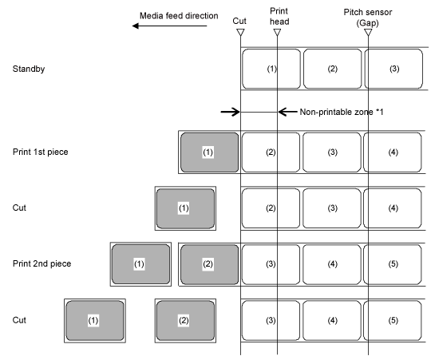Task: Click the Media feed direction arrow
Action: (169, 26)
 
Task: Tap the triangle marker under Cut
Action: (240, 33)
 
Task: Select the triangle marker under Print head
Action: (277, 33)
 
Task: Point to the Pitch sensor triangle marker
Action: (368, 33)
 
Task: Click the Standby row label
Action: (29, 69)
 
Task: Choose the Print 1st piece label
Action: (41, 152)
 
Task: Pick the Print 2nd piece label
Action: (42, 264)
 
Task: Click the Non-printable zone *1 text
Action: (342, 112)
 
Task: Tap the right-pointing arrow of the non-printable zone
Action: (231, 112)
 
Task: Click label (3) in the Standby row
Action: (393, 69)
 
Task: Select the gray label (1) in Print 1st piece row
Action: (209, 152)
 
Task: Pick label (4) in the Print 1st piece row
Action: (393, 152)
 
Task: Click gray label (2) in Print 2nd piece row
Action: (209, 264)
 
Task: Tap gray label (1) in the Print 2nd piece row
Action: (140, 264)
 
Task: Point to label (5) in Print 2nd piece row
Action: (393, 264)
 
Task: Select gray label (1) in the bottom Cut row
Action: (95, 320)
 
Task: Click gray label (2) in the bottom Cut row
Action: (185, 320)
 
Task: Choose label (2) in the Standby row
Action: (332, 69)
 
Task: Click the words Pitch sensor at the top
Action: (368, 12)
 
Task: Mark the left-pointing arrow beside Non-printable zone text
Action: (287, 112)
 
